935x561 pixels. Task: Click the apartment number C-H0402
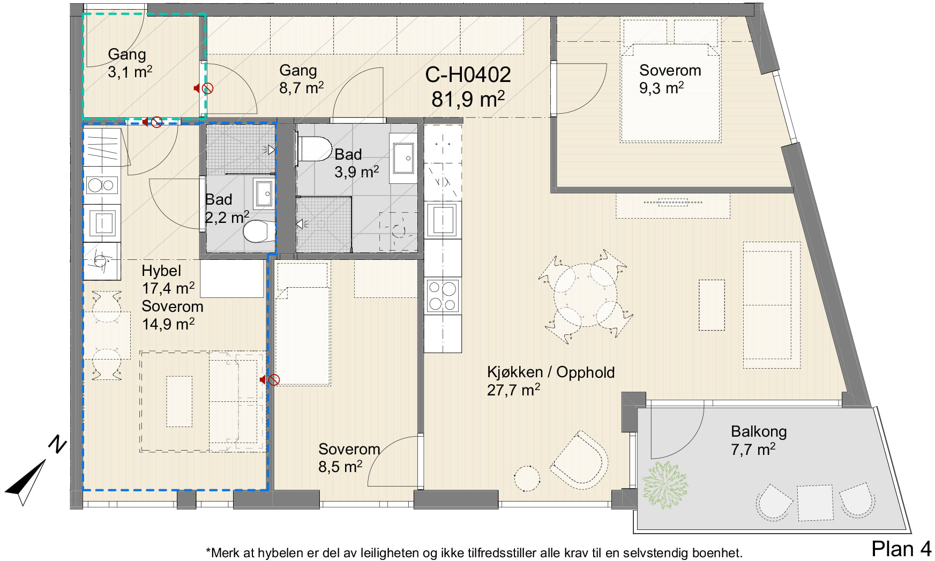coord(468,75)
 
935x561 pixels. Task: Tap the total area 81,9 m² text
coord(468,99)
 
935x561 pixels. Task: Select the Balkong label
coord(759,431)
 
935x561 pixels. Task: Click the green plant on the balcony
coord(665,485)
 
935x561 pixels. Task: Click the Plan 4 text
coord(901,549)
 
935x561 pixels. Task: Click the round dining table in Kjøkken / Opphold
coord(585,294)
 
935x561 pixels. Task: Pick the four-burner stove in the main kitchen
coord(443,296)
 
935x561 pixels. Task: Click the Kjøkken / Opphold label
coord(551,372)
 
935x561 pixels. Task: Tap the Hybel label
coord(161,271)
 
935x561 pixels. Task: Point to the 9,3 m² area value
coord(661,88)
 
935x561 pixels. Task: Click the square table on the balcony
coord(815,503)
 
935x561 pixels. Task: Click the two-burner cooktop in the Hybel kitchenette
coord(102,185)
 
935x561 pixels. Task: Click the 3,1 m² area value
coord(130,72)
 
